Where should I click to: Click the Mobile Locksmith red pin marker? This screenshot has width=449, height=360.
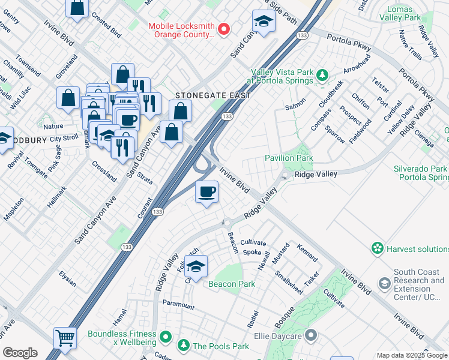[x=224, y=29]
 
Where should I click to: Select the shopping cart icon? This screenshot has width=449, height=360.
[x=65, y=338]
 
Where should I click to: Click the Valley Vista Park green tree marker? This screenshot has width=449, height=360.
[x=322, y=75]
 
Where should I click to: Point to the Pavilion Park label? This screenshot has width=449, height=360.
[x=289, y=158]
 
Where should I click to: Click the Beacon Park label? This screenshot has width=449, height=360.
[x=232, y=284]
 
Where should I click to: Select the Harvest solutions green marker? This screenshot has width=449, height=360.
[x=377, y=248]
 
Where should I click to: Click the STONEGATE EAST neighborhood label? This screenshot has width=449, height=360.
[x=212, y=95]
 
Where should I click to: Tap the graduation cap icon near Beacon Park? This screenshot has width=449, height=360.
[x=196, y=266]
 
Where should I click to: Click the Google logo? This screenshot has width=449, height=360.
[x=19, y=353]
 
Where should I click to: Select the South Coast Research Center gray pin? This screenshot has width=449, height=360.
[x=385, y=282]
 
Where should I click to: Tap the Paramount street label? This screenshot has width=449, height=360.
[x=178, y=305]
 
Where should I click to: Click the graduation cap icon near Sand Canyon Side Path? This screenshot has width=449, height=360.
[x=262, y=22]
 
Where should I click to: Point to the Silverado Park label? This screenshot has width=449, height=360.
[x=421, y=169]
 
